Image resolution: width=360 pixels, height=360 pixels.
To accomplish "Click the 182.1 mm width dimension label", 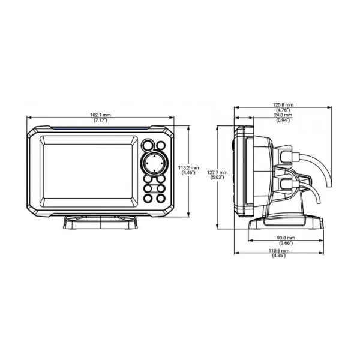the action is click(100, 115).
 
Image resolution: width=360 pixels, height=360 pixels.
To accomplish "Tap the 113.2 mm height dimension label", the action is click(188, 168).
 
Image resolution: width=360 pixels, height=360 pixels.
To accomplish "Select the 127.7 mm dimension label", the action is click(217, 172).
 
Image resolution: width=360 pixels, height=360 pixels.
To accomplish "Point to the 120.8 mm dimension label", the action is click(283, 105).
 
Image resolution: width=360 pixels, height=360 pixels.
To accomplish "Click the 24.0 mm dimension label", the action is click(283, 115).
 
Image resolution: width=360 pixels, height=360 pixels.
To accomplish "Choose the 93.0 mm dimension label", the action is click(286, 238).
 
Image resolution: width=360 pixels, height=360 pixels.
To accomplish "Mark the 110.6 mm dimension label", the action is click(279, 251).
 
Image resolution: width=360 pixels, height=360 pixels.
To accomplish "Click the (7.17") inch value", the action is click(100, 120).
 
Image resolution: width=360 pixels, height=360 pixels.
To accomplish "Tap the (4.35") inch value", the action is click(279, 256).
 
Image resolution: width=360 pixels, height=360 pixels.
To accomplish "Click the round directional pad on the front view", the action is click(154, 164).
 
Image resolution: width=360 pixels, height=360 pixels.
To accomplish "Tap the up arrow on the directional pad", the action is click(154, 156).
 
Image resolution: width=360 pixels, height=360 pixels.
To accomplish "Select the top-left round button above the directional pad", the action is click(148, 145).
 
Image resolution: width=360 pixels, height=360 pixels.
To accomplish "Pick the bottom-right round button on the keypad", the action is click(161, 198).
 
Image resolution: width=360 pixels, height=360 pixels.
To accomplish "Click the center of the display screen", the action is click(88, 172).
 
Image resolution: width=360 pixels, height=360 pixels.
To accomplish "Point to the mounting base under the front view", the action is click(100, 222).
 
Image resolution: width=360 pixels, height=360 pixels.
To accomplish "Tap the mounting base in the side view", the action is click(286, 223).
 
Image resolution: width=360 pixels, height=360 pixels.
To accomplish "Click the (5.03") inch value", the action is click(217, 178).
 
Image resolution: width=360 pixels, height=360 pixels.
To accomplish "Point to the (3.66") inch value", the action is click(286, 243).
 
